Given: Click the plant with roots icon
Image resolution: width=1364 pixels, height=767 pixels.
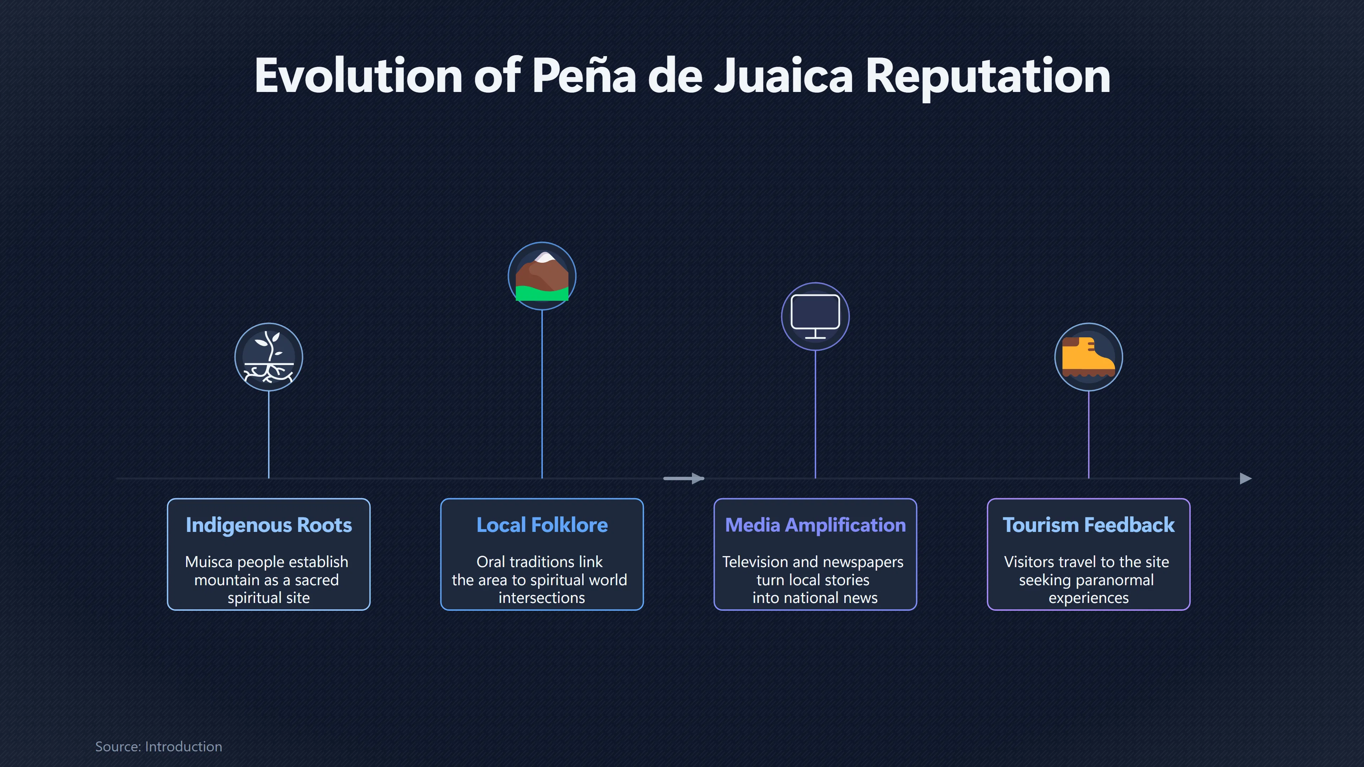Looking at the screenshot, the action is (x=269, y=357).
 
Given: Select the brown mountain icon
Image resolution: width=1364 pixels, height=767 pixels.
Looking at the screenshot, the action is (x=542, y=276).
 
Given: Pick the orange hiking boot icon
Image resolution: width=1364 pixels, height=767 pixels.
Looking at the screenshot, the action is (x=1088, y=357).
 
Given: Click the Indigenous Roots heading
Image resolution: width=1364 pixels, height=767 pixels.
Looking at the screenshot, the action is (x=269, y=525).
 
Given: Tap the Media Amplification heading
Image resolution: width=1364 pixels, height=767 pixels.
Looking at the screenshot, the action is (x=815, y=525).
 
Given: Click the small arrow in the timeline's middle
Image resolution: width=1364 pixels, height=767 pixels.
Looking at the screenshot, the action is (x=683, y=479).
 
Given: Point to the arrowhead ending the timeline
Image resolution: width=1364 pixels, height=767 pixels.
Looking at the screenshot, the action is (x=1246, y=479).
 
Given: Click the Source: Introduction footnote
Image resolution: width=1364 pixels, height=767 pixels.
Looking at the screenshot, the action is (x=158, y=746).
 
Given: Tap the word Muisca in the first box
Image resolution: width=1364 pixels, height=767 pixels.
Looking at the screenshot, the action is (x=209, y=562).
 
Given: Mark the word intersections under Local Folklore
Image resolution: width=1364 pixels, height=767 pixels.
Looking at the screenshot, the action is (x=542, y=598).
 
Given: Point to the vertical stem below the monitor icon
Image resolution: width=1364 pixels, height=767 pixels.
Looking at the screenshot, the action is (x=815, y=414).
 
